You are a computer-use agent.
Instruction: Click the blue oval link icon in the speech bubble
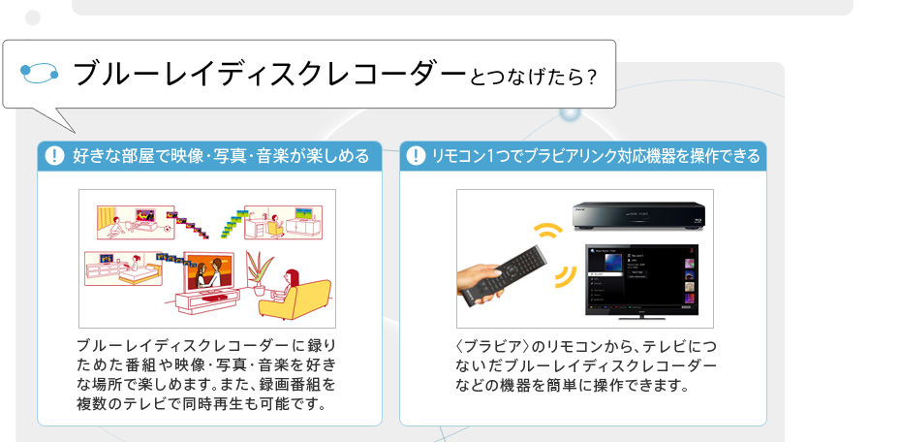tap(41, 75)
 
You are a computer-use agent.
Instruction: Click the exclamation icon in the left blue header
tap(54, 156)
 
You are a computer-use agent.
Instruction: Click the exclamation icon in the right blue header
tap(417, 156)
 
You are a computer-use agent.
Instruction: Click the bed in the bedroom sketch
tap(136, 275)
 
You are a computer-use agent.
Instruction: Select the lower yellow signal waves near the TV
tap(565, 279)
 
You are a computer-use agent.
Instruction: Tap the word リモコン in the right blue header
tap(463, 156)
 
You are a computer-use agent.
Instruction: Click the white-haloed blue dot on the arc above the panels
tap(570, 112)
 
